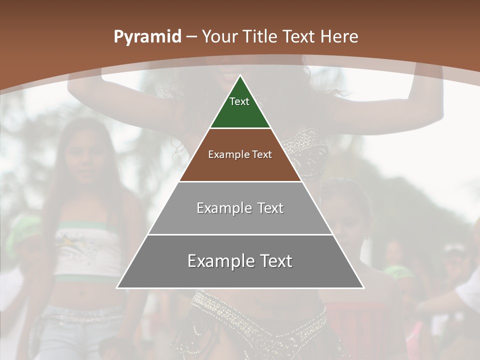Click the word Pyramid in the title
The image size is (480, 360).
pos(147,36)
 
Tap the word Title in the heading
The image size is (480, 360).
pos(260,36)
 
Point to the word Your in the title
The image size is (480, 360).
pos(219,36)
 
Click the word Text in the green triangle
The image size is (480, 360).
pos(239,101)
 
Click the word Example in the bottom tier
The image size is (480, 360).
pos(220,261)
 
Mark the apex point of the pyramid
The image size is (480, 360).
pos(240,75)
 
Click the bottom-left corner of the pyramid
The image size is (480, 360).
pos(117,288)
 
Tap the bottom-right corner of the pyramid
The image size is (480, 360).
pos(363,288)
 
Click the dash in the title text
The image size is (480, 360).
pos(191,37)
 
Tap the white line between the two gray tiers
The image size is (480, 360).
pos(240,234)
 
